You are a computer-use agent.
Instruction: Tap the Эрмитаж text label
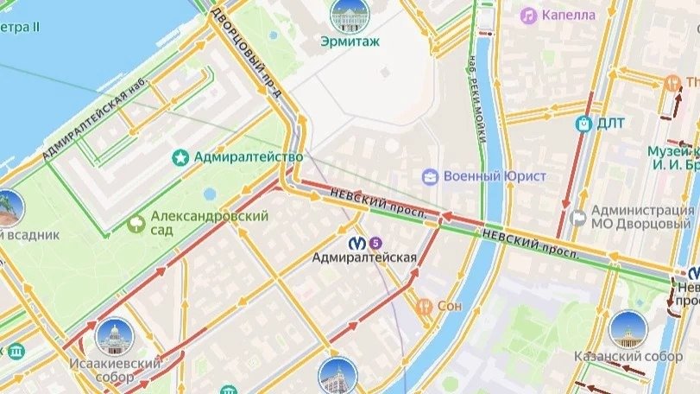click(x=350, y=41)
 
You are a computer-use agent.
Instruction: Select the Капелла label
click(x=569, y=15)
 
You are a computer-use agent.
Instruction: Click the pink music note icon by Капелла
click(x=528, y=15)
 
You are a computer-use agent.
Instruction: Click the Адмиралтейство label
click(x=249, y=157)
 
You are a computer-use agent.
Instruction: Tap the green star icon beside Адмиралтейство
click(x=181, y=157)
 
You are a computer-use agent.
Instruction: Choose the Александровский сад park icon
click(x=136, y=224)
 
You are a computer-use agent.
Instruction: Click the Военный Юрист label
click(x=495, y=176)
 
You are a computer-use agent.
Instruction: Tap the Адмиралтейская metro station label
click(x=364, y=257)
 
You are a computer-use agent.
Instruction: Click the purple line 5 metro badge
click(x=374, y=241)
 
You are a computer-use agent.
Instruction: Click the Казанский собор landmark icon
click(x=627, y=329)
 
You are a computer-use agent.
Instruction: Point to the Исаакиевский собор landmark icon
click(x=115, y=335)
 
